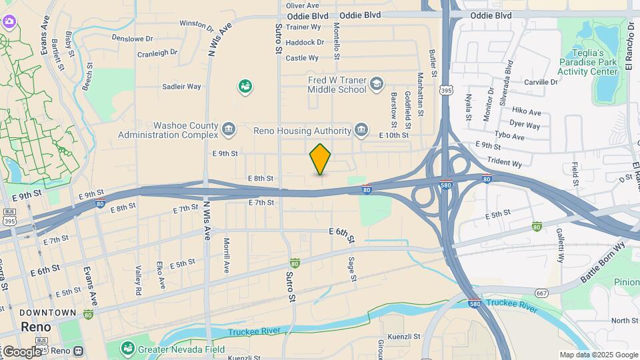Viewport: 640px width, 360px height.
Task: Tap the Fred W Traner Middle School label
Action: click(x=337, y=85)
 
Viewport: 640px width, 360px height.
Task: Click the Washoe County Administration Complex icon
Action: click(x=229, y=129)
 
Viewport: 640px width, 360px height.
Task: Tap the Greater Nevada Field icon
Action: click(x=127, y=348)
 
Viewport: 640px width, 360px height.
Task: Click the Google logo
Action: click(x=21, y=351)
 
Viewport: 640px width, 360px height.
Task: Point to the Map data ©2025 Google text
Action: click(x=597, y=355)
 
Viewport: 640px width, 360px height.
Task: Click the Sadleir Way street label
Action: click(x=182, y=87)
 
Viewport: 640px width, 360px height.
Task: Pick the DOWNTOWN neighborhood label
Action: click(x=47, y=313)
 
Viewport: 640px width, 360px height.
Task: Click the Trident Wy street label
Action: click(x=505, y=163)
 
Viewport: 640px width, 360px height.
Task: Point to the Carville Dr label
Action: click(x=540, y=82)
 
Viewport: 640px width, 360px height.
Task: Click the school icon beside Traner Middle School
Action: click(x=377, y=83)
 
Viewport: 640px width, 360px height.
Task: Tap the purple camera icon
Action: click(x=8, y=21)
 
